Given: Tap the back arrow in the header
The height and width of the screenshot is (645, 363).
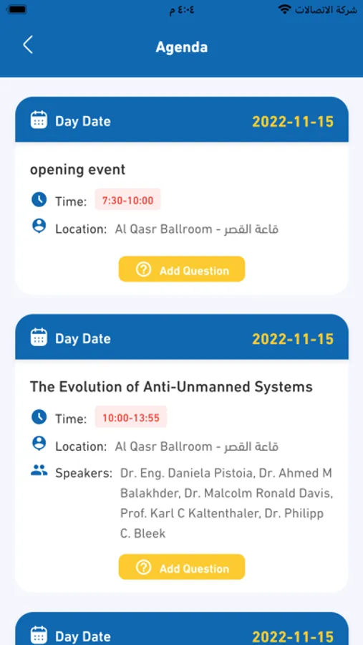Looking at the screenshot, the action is pos(27,45).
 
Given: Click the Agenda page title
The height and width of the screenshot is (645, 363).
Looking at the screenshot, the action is pos(181,47).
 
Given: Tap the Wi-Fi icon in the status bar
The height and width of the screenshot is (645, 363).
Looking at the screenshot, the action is pos(284,9).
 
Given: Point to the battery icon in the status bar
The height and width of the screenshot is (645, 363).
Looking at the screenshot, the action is pos(17,9).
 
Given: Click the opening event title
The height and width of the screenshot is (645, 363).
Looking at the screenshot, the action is pos(78,169).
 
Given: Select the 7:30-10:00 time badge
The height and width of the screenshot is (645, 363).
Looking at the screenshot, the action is pos(127,201).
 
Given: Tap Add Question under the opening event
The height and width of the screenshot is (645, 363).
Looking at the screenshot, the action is pos(182,269).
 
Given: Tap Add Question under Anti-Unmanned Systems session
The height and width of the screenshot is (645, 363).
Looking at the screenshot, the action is pos(182,568).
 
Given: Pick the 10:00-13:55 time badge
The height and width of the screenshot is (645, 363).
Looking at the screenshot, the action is pos(131,418).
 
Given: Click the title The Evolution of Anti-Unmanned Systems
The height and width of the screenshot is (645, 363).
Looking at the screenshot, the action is pos(171,387).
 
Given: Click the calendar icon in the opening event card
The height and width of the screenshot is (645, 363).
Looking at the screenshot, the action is pos(39,120).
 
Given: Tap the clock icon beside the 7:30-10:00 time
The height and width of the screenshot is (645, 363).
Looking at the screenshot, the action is pos(39,200).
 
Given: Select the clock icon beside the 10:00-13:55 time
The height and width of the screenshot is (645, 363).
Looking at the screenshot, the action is pos(39,417).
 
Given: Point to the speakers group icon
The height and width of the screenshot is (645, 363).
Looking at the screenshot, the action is pos(39,470).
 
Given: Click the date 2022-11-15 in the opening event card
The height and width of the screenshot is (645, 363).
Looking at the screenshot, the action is pos(293,122).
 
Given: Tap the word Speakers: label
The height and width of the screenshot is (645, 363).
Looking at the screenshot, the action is pos(84,473).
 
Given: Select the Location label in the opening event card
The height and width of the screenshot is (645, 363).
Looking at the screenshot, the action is pos(81,229).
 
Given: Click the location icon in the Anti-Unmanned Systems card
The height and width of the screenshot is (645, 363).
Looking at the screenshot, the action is pos(39,444).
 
